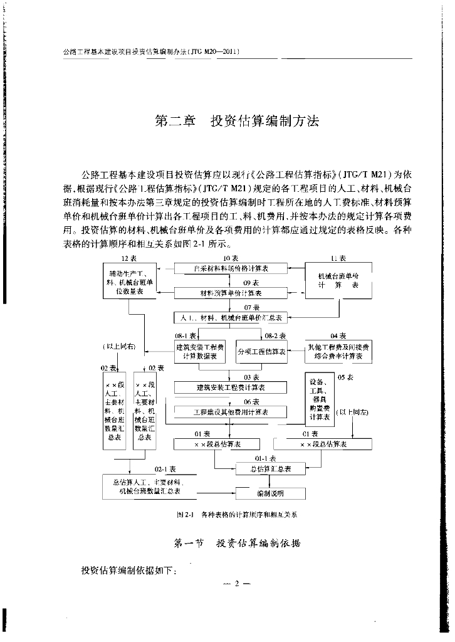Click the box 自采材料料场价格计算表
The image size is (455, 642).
click(230, 268)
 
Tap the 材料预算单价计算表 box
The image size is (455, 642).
click(230, 293)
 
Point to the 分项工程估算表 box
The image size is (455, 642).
click(261, 352)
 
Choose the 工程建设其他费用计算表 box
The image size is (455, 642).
click(230, 412)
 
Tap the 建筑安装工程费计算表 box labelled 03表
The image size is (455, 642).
click(230, 388)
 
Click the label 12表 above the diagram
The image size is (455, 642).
click(130, 258)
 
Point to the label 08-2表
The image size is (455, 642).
click(275, 336)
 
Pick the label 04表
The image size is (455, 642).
click(338, 336)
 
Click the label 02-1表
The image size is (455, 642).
click(164, 468)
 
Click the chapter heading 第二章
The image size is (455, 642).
click(175, 121)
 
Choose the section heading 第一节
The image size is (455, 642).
click(189, 543)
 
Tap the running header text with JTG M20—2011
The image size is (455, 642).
click(148, 52)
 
